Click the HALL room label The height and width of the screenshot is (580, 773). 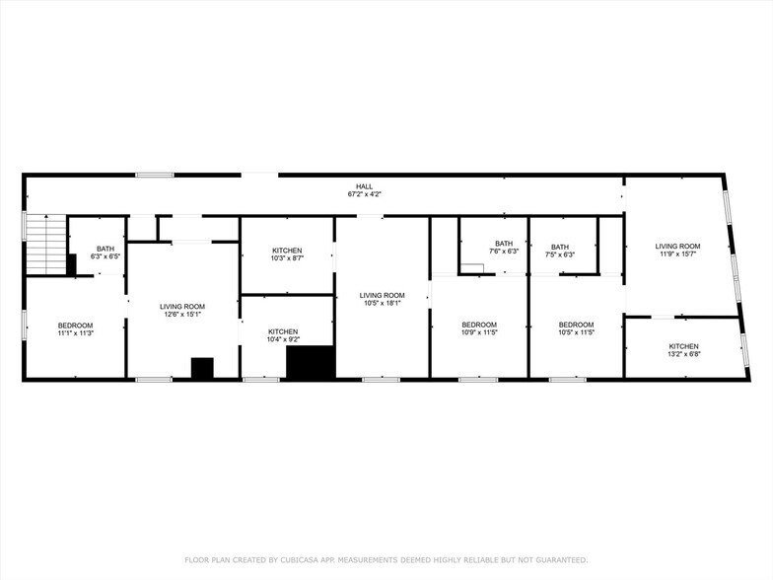(365, 186)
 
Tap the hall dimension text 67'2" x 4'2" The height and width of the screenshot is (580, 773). (365, 194)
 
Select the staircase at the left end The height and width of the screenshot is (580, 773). (44, 244)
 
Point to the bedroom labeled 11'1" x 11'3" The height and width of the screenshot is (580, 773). (75, 329)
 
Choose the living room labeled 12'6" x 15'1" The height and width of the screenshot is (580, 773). (182, 311)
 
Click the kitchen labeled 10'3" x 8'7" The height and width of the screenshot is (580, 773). (287, 254)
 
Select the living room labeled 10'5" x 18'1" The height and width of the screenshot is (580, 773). (382, 299)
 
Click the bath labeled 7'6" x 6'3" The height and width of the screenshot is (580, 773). (504, 248)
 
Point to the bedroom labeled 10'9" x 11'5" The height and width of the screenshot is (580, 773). (479, 328)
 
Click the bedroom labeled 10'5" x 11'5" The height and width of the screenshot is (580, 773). (576, 328)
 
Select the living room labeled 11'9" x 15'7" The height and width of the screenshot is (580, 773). (680, 250)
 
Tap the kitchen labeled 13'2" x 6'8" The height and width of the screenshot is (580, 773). (683, 350)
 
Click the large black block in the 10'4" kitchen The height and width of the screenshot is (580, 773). (310, 361)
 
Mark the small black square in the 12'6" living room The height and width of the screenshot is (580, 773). (202, 367)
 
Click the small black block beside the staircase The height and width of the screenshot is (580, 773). (71, 264)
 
